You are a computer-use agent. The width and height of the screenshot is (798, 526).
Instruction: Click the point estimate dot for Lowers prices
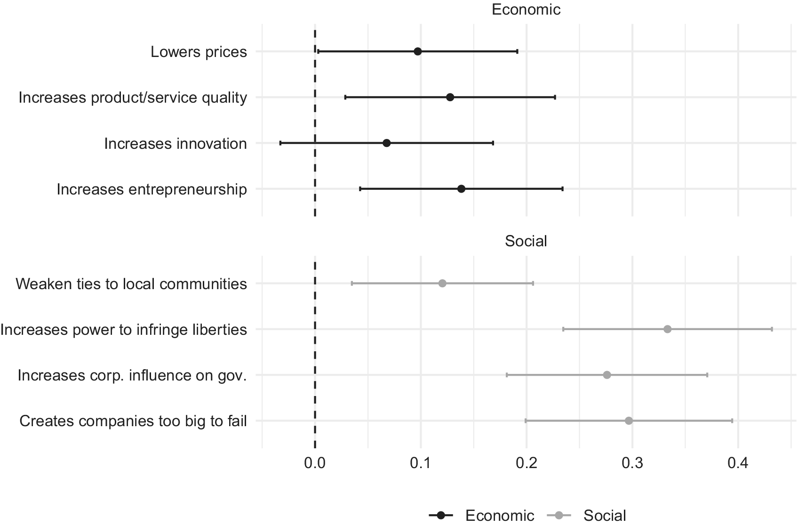tap(418, 51)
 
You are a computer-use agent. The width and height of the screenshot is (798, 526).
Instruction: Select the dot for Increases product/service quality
tap(450, 97)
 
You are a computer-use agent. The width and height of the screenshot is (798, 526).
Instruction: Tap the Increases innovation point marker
tap(387, 143)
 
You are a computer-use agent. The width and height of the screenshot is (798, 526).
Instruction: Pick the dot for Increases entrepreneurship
tap(461, 189)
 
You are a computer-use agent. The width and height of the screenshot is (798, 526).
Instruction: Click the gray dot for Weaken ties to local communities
tap(442, 283)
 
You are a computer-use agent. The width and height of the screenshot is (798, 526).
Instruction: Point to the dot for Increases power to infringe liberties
tap(667, 329)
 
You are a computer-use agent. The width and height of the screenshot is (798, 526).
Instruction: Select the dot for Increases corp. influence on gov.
tap(606, 375)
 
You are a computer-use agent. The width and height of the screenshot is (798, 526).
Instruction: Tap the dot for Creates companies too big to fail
tap(629, 421)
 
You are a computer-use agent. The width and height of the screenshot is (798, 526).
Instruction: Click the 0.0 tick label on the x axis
tap(315, 463)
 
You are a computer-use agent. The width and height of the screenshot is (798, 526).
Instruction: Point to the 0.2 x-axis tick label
tap(527, 463)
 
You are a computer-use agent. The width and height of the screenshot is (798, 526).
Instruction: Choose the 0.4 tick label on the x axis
tap(738, 463)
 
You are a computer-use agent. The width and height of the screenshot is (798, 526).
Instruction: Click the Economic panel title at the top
tap(526, 9)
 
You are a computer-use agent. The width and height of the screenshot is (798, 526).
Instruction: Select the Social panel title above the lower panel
tap(526, 241)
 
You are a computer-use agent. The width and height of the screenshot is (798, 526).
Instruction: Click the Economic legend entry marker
tap(441, 515)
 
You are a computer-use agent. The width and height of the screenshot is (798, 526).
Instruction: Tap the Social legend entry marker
tap(559, 515)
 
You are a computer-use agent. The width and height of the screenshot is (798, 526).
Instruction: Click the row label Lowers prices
tap(199, 52)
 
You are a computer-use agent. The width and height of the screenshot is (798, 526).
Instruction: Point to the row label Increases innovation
tap(176, 144)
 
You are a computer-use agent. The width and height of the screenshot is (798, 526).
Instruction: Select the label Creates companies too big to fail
tap(133, 421)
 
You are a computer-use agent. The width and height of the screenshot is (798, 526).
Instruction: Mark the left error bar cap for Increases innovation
tap(280, 143)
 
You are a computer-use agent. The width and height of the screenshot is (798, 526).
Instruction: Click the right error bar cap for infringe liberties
tap(772, 329)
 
